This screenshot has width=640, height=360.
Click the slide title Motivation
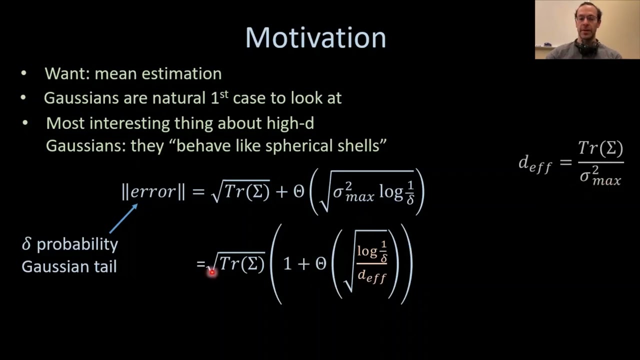pyautogui.click(x=315, y=38)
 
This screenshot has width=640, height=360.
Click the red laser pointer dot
pyautogui.click(x=211, y=272)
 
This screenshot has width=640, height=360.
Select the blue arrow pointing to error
pyautogui.click(x=123, y=218)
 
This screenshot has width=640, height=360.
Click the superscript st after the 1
pyautogui.click(x=224, y=93)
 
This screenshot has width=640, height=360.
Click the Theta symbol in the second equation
pyautogui.click(x=321, y=264)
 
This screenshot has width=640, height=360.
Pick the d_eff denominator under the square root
pyautogui.click(x=372, y=275)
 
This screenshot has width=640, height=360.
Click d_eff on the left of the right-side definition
pyautogui.click(x=535, y=163)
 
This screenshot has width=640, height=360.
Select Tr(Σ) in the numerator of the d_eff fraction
pyautogui.click(x=600, y=148)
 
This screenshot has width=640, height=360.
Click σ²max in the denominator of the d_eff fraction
pyautogui.click(x=600, y=176)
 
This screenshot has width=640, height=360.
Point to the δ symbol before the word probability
pyautogui.click(x=26, y=244)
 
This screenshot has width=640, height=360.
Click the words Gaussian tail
pyautogui.click(x=69, y=266)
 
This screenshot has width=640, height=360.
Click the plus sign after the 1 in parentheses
pyautogui.click(x=303, y=264)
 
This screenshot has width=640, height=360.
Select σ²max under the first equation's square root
pyautogui.click(x=353, y=192)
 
